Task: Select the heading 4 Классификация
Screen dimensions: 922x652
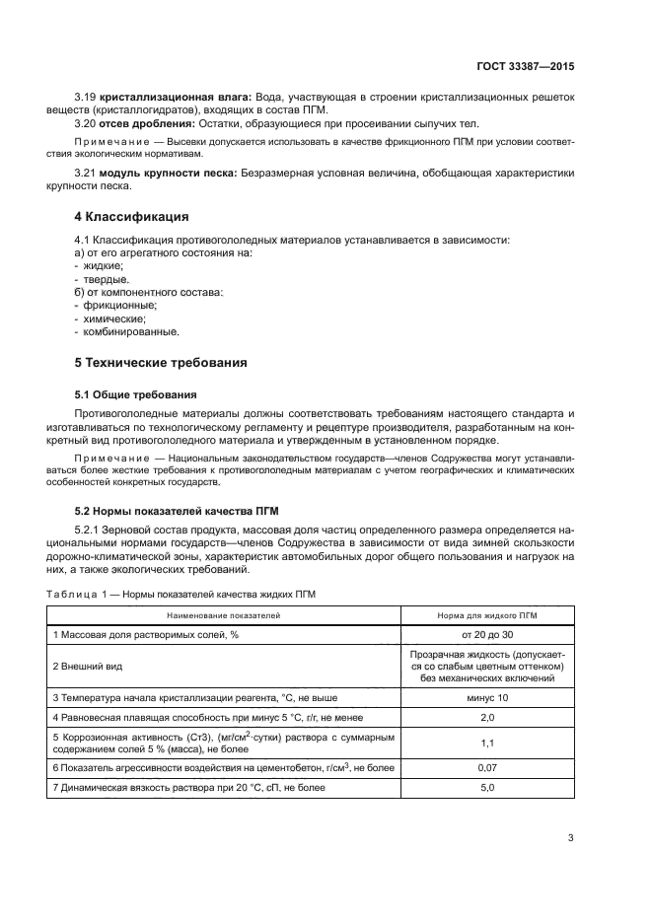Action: click(132, 216)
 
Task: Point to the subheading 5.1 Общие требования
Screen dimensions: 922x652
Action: click(136, 393)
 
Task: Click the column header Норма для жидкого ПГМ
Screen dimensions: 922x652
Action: click(485, 614)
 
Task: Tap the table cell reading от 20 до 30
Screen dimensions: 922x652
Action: click(485, 635)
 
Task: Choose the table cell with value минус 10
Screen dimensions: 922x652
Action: click(485, 698)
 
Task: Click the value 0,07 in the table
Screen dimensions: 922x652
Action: click(485, 766)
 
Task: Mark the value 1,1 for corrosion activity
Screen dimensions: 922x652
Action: click(485, 743)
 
